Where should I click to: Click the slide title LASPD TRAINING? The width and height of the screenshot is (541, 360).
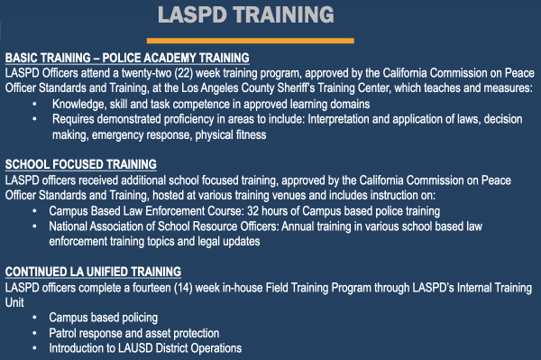(245, 14)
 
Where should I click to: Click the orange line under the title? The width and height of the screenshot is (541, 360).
(251, 41)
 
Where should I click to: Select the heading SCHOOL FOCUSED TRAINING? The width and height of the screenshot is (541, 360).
(81, 164)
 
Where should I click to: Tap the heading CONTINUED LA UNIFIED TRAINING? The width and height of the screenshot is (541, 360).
(93, 272)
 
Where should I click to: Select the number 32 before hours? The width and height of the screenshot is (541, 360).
(252, 211)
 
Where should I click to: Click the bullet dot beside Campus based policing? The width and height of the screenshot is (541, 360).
(34, 318)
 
